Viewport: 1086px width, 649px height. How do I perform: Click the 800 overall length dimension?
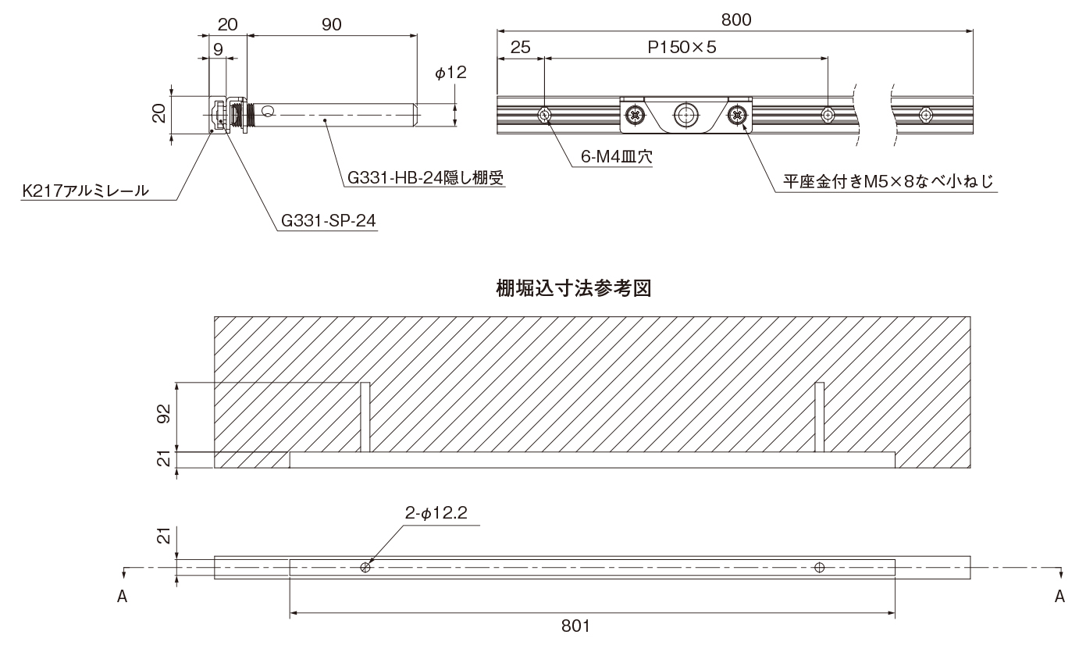[x=735, y=20]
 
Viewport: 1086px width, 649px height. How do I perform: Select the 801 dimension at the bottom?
[x=579, y=626]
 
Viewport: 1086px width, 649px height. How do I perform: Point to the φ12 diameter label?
[x=450, y=73]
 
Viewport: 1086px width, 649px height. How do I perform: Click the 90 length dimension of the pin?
[x=331, y=24]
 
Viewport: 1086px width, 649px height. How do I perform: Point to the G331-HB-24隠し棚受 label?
[x=423, y=178]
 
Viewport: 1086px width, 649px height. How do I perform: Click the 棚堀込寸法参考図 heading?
[x=575, y=288]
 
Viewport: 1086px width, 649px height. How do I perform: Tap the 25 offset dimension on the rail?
[x=520, y=47]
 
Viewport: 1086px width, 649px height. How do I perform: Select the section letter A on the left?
[x=122, y=597]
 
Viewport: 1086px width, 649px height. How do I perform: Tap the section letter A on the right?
[x=1059, y=597]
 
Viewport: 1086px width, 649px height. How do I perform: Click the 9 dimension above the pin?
[x=218, y=48]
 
